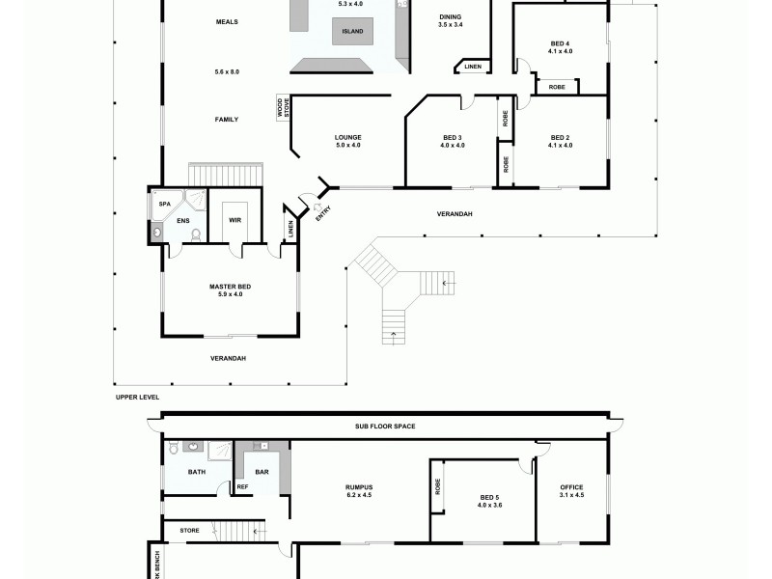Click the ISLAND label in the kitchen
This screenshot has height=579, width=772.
[x=348, y=33]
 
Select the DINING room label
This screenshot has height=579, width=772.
[x=451, y=16]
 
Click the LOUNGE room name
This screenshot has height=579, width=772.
[x=347, y=137]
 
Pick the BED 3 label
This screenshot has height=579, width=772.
[x=452, y=137]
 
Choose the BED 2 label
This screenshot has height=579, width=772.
[x=560, y=137]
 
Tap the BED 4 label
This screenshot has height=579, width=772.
[x=560, y=43]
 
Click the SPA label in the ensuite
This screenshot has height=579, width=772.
[x=163, y=204]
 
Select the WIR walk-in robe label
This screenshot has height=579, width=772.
[x=234, y=221]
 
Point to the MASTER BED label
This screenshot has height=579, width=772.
[x=230, y=287]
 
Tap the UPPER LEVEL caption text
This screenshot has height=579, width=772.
[x=136, y=397]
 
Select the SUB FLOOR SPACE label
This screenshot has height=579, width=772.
[x=384, y=426]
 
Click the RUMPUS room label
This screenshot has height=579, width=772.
[x=359, y=486]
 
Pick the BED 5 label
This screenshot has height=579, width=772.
[x=489, y=497]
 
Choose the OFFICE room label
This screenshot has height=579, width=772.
[x=572, y=487]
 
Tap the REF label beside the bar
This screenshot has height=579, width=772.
[x=242, y=487]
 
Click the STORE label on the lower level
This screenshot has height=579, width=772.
[x=189, y=530]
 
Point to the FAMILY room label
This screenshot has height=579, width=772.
[x=226, y=120]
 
